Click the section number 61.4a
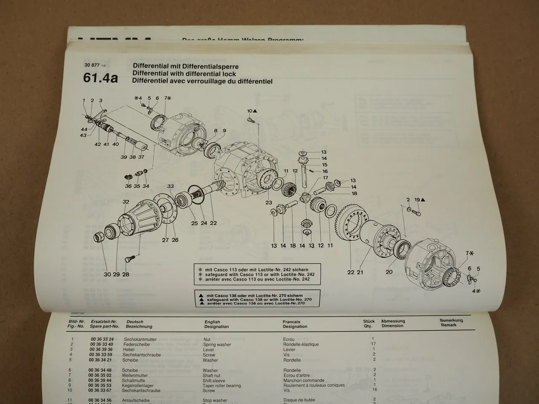click(x=100, y=78)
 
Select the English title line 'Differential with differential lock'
click(x=184, y=74)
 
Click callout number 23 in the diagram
click(x=269, y=202)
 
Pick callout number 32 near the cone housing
click(x=125, y=202)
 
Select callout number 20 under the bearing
click(x=389, y=272)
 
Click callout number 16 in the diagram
click(x=325, y=172)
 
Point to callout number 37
click(x=141, y=157)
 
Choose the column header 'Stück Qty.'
click(x=369, y=324)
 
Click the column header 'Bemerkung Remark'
click(x=451, y=323)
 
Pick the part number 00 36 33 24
click(x=101, y=339)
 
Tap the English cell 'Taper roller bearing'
click(x=221, y=385)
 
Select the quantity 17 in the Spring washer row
click(x=374, y=344)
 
